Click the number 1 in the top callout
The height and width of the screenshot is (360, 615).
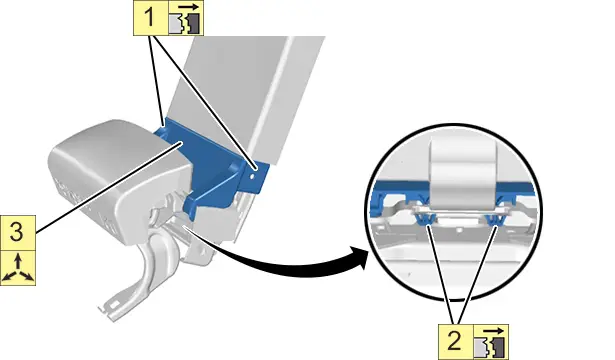pyautogui.click(x=150, y=18)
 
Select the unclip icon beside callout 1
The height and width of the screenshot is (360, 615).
pyautogui.click(x=186, y=18)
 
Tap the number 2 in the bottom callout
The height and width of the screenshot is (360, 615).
pyautogui.click(x=455, y=341)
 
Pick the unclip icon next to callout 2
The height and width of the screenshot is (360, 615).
pyautogui.click(x=491, y=342)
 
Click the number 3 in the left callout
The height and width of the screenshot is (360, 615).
pyautogui.click(x=16, y=232)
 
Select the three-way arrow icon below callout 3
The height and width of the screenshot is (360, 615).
pyautogui.click(x=18, y=268)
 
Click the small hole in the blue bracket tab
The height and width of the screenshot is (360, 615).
pyautogui.click(x=252, y=177)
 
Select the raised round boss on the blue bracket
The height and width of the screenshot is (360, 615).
pyautogui.click(x=234, y=167)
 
